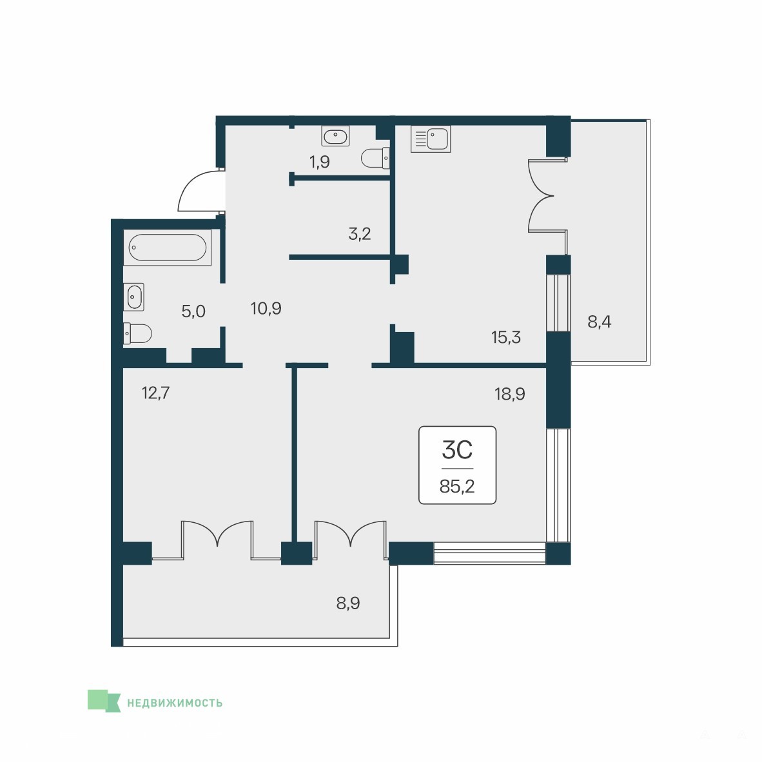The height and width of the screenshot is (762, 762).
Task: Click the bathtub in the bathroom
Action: click(x=167, y=248)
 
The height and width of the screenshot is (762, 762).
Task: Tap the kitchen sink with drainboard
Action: click(x=431, y=139)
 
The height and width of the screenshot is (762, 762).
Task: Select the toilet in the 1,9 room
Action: click(x=376, y=157)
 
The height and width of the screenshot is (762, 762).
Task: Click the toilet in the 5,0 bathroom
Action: click(x=137, y=333)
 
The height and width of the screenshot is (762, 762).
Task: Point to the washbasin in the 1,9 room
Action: click(x=335, y=135)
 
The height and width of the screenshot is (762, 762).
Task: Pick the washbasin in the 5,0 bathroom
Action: click(x=133, y=297)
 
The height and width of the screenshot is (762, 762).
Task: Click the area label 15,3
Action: click(x=506, y=337)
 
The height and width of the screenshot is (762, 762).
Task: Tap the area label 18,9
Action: click(x=510, y=393)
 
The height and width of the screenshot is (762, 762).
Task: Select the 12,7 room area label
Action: click(x=155, y=392)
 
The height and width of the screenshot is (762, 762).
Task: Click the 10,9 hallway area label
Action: click(x=266, y=308)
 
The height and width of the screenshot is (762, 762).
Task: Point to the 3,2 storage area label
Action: click(x=360, y=234)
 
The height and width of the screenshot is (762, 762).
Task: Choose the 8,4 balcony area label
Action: click(x=599, y=321)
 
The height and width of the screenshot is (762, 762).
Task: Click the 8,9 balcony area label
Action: click(x=348, y=603)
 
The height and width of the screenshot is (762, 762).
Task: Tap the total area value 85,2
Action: click(x=457, y=486)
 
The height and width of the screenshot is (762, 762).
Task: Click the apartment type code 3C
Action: click(x=457, y=450)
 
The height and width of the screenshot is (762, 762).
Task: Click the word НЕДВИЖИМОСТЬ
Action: click(x=175, y=703)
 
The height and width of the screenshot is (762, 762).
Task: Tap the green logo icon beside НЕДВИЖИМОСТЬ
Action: click(x=104, y=701)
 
